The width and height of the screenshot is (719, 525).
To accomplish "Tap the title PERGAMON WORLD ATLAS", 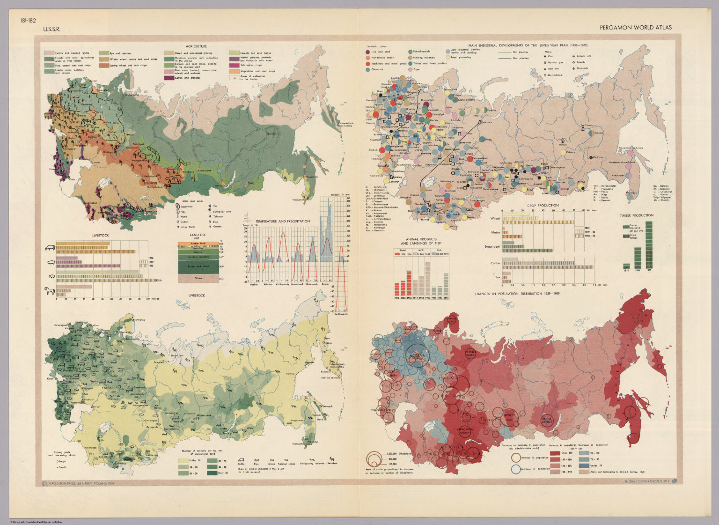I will (x=636, y=27).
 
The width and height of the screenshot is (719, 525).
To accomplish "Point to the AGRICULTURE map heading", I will (x=196, y=46).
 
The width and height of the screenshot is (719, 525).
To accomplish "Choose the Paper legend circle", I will (x=410, y=69).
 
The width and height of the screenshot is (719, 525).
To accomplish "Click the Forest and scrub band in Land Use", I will (x=199, y=266).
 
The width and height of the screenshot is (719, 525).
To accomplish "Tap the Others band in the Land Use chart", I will (x=199, y=278).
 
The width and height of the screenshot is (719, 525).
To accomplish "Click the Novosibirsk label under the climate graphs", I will (x=298, y=284).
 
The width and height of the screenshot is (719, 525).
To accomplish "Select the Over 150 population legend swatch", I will (x=555, y=453).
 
